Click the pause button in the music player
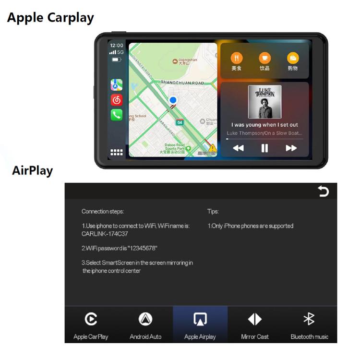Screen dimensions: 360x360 [x=264, y=148]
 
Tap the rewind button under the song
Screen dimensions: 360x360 [x=238, y=148]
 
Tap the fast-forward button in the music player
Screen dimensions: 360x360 [x=291, y=148]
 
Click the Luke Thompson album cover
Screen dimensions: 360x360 [x=264, y=102]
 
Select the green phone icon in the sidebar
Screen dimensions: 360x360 [x=117, y=115]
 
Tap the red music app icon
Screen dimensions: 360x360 [x=117, y=100]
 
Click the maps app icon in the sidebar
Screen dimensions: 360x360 [x=117, y=85]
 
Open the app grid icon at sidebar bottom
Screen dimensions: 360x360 [x=117, y=153]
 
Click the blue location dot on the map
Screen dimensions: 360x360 [x=173, y=100]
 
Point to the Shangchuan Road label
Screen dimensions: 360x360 [x=183, y=83]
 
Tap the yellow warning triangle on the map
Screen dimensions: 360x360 [x=212, y=148]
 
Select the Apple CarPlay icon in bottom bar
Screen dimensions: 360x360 [x=91, y=319]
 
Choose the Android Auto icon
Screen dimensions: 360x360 [x=145, y=319]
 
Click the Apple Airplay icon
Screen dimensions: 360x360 [x=200, y=319]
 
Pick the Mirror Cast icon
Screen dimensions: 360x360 [x=255, y=319]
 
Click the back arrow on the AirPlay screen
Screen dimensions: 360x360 [x=324, y=192]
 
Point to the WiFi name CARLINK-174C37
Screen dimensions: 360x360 [x=105, y=234]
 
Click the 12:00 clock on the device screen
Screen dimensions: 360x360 [x=117, y=46]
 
